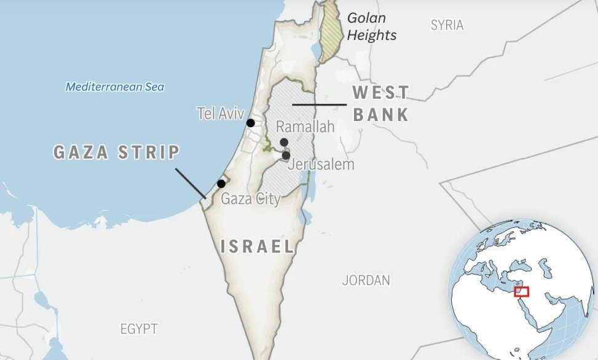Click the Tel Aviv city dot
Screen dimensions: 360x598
click(x=251, y=123)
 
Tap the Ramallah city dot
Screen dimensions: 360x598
click(x=284, y=143)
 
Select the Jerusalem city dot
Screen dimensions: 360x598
click(x=286, y=155)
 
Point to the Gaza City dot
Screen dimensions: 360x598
click(x=221, y=183)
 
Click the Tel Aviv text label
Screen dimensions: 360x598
click(x=221, y=113)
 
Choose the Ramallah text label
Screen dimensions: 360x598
click(x=305, y=127)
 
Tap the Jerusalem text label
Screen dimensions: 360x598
click(x=321, y=165)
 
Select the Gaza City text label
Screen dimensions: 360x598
click(x=250, y=198)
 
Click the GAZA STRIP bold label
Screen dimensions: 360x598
click(x=117, y=152)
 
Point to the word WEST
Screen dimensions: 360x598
click(x=380, y=93)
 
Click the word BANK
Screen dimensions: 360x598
click(x=381, y=114)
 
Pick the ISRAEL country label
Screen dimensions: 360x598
click(x=258, y=247)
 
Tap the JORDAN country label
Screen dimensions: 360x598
click(x=366, y=281)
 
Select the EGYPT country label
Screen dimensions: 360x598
click(x=139, y=329)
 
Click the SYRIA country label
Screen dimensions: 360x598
click(x=447, y=25)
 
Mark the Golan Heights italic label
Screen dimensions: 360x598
click(x=371, y=26)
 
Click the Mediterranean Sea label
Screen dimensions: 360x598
click(x=115, y=87)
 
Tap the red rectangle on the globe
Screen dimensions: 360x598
click(x=521, y=291)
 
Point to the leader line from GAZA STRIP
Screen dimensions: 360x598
click(x=191, y=183)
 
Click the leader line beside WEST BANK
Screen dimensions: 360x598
click(x=319, y=105)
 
